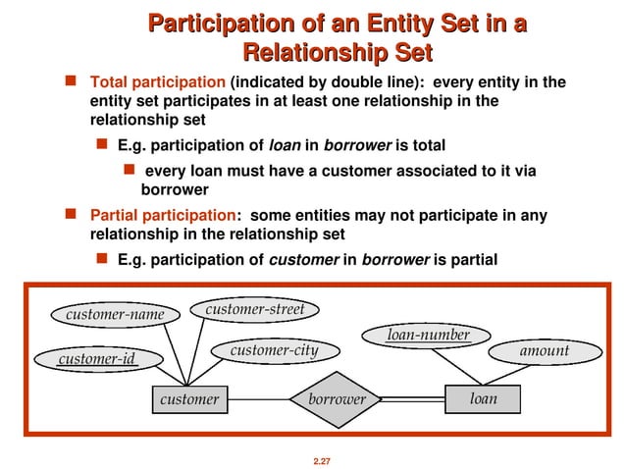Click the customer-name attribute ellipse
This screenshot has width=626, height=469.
coord(109,315)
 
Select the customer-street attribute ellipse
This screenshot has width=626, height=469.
coord(255,309)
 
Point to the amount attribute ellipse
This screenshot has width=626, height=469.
coord(543,350)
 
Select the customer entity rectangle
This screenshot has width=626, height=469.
coord(189,399)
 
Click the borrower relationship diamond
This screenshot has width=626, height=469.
coord(337,399)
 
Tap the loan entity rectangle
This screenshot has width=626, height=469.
coord(484,399)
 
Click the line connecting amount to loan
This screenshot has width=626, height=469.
coord(500,377)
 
